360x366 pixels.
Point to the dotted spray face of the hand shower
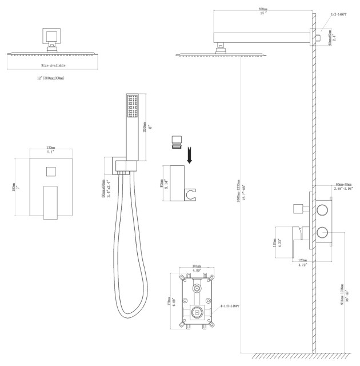132,106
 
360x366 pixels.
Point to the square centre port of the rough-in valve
197,312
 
